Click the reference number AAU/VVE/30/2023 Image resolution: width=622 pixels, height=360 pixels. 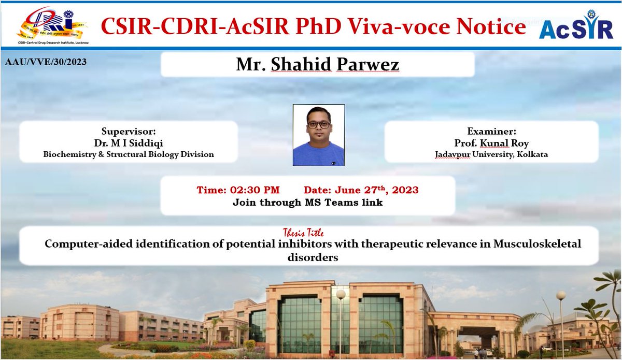46,62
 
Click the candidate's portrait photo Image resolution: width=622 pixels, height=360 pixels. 318,135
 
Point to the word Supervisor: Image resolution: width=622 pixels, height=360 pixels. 129,132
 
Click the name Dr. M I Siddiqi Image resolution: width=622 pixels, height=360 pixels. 129,142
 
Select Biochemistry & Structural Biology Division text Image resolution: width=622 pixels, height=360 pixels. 129,154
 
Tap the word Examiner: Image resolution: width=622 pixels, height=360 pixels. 491,132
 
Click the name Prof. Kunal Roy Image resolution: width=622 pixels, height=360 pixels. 491,142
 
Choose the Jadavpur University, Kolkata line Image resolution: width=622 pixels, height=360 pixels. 491,154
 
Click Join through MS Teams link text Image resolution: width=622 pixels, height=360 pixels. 307,203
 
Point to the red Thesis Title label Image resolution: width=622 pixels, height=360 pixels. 303,233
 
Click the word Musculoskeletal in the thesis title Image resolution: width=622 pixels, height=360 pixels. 538,244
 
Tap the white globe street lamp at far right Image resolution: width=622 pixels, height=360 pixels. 561,296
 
